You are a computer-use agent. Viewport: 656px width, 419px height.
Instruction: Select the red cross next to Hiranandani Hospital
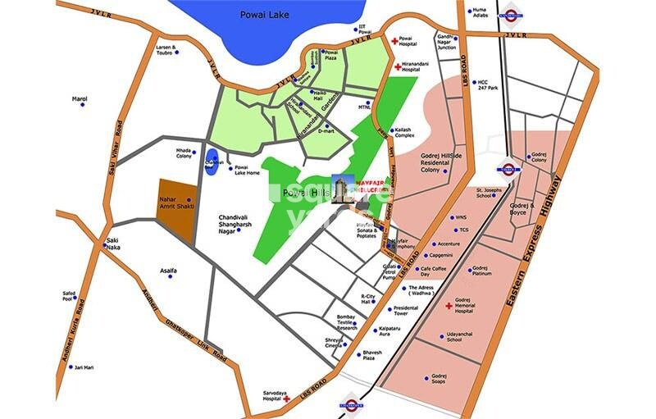pos(397,66)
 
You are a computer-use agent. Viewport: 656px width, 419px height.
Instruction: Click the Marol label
pos(80,99)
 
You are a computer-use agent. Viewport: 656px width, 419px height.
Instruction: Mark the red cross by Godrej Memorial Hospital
pos(449,306)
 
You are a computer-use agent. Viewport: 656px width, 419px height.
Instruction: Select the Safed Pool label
pos(69,296)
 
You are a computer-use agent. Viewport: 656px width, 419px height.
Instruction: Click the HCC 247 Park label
pos(490,85)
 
